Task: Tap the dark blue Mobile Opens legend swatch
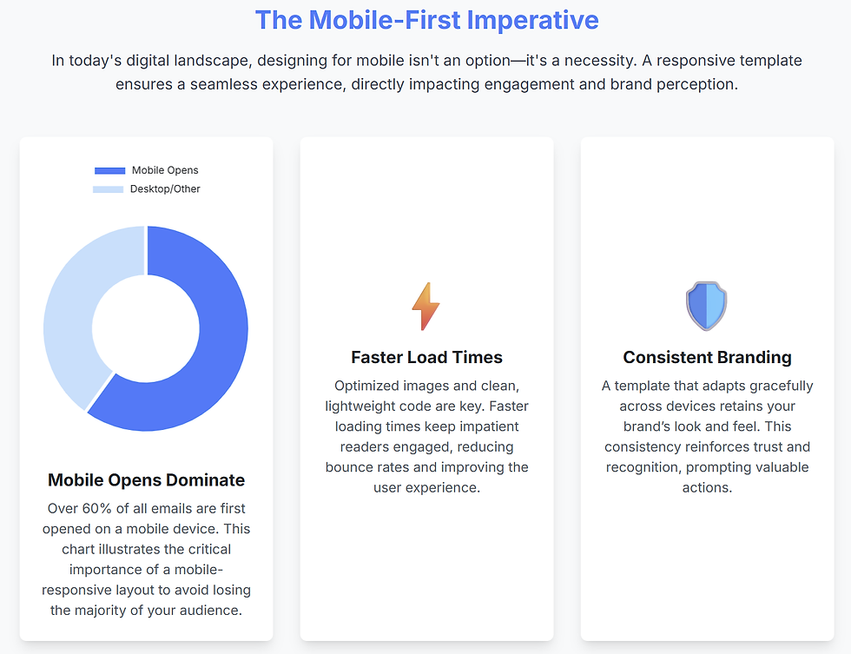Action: coord(110,170)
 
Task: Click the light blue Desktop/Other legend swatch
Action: coord(109,188)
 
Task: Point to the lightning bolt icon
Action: coord(425,307)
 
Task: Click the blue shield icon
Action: coord(706,306)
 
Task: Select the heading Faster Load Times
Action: coord(426,357)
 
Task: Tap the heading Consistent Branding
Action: coord(707,357)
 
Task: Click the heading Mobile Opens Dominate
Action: coord(146,480)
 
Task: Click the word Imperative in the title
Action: coord(532,20)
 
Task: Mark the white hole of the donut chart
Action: coord(146,327)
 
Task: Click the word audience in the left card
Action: coord(209,610)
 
